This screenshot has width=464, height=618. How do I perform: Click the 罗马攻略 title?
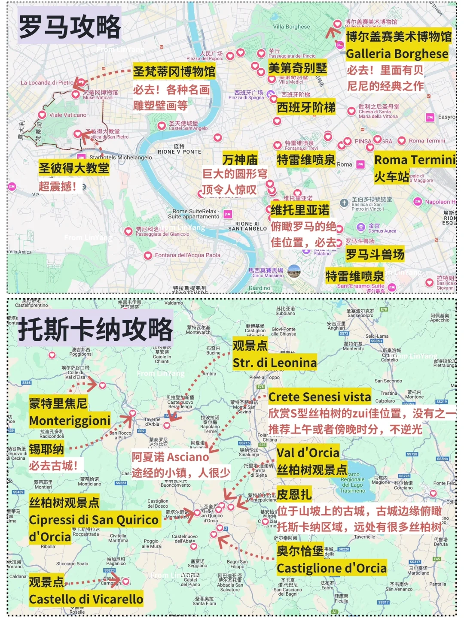click(x=70, y=27)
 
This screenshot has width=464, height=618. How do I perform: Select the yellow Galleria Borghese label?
click(x=397, y=54)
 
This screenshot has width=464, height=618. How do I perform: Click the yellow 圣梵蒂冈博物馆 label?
click(x=174, y=71)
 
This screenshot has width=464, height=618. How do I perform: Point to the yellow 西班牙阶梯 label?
click(x=306, y=107)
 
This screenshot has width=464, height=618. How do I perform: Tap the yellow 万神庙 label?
click(x=240, y=160)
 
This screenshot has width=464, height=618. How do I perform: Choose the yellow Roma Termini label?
click(x=415, y=160)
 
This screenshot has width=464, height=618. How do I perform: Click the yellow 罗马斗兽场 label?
click(x=375, y=254)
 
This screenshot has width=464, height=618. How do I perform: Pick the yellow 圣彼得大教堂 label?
click(x=74, y=168)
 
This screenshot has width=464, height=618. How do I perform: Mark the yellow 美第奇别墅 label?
click(x=297, y=68)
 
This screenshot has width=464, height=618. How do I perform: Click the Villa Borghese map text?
click(x=291, y=27)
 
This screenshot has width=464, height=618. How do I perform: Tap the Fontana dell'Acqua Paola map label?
click(x=187, y=255)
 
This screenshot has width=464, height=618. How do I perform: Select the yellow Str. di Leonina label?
click(x=275, y=363)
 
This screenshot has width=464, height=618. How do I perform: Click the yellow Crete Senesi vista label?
click(x=320, y=397)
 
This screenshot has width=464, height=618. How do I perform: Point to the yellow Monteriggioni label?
click(x=70, y=421)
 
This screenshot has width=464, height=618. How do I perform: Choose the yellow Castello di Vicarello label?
click(x=86, y=599)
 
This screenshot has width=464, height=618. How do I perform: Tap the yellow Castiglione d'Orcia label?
click(x=332, y=568)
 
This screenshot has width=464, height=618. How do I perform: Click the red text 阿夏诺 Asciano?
click(x=170, y=457)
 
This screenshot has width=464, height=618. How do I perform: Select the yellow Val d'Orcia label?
click(x=308, y=453)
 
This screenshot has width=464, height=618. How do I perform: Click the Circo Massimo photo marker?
click(x=294, y=271)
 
